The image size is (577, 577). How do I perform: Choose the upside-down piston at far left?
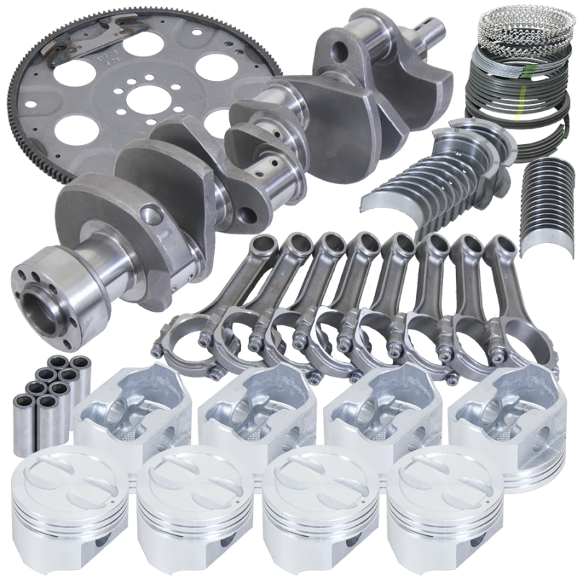(133, 411)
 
